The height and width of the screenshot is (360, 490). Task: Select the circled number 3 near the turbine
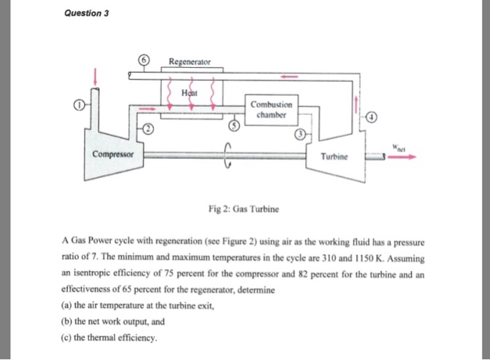pos(301,134)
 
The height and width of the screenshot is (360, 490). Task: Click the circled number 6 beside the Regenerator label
pos(144,61)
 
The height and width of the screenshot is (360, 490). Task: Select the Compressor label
pos(113,153)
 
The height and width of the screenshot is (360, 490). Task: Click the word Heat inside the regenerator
pos(190,92)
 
